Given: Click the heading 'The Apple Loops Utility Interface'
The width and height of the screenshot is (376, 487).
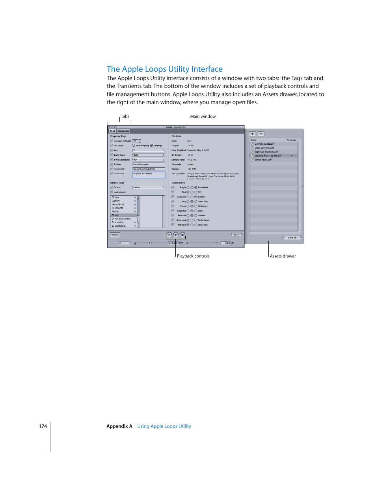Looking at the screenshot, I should [x=164, y=69].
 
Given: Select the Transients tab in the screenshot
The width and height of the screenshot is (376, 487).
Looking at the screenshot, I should [x=123, y=131].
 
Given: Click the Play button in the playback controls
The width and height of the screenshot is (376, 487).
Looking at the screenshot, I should [x=176, y=235].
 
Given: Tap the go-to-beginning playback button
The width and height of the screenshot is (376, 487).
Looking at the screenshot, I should [x=169, y=235].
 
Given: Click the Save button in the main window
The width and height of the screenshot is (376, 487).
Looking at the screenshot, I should [x=236, y=235].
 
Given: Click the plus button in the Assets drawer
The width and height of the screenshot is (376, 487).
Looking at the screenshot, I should [x=252, y=134].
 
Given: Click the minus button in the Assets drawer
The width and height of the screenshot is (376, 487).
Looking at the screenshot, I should [x=261, y=134].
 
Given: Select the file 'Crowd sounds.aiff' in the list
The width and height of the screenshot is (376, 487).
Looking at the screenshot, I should [x=264, y=144].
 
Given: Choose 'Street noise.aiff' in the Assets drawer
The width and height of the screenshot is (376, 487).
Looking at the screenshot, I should [x=263, y=160].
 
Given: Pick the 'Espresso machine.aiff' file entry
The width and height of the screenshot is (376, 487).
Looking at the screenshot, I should [x=266, y=152].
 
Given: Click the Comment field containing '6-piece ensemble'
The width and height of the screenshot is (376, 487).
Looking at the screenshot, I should [x=149, y=175].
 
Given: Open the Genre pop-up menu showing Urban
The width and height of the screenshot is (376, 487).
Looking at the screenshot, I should [x=149, y=187].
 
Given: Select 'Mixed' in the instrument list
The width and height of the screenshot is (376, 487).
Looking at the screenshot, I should [x=115, y=215].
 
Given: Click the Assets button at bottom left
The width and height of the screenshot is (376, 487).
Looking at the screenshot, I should [x=115, y=235].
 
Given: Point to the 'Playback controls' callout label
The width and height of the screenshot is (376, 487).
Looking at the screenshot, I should [x=193, y=256].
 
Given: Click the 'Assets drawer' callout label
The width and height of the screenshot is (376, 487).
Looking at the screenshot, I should [x=283, y=256].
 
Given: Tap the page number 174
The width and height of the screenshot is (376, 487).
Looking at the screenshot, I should [x=43, y=426].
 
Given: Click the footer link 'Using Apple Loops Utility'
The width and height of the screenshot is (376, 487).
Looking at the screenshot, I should [x=164, y=426].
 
